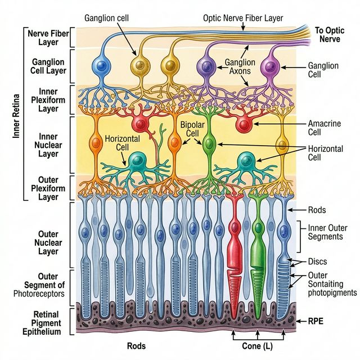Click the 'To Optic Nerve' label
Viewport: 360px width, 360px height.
coord(330,35)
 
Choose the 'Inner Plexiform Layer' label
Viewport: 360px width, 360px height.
coord(47,100)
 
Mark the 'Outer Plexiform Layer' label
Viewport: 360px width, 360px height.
coord(47,188)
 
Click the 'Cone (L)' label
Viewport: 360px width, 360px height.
coord(258,346)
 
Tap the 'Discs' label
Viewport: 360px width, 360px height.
coord(318,261)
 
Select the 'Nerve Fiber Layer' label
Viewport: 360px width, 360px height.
coord(47,37)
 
